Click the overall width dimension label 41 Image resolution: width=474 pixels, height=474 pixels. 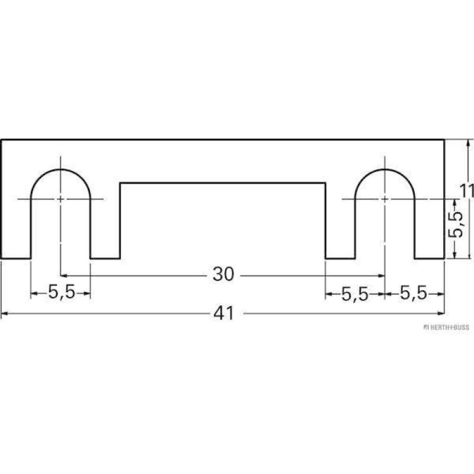[x=223, y=313]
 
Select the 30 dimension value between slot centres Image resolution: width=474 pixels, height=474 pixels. [x=223, y=275]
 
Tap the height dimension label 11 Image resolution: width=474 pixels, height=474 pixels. [x=468, y=191]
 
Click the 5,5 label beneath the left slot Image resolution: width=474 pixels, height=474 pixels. [x=60, y=293]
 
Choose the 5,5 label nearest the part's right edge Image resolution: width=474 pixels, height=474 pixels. [x=413, y=293]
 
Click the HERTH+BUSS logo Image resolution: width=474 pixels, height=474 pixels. [x=445, y=328]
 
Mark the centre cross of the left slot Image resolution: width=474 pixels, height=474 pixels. [x=60, y=199]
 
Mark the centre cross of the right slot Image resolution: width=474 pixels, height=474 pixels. [x=385, y=199]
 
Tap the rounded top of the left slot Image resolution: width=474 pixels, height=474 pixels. [x=60, y=170]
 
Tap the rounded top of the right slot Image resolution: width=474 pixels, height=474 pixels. [x=385, y=170]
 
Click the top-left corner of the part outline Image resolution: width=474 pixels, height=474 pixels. [x=1, y=140]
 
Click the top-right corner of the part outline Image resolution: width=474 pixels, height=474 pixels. [x=444, y=140]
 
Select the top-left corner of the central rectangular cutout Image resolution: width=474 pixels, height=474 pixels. [x=120, y=183]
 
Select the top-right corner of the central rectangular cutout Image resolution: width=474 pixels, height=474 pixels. [x=325, y=183]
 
